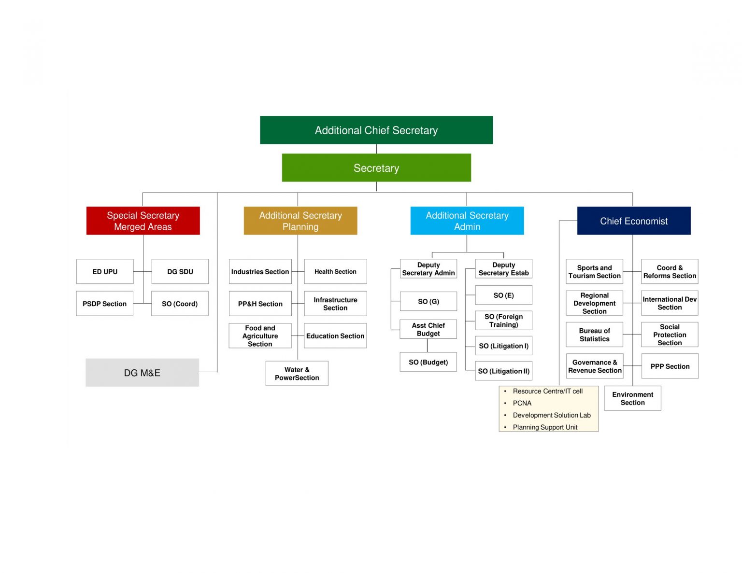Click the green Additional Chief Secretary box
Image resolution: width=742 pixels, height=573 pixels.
coord(376,130)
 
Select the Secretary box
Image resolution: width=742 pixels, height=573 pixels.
coord(376,168)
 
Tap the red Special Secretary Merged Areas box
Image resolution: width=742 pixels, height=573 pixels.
coord(143,221)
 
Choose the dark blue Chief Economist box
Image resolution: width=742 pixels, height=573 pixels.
coord(633,221)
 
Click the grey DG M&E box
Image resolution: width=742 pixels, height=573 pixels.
coord(142,372)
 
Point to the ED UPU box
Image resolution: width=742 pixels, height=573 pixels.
coord(105,271)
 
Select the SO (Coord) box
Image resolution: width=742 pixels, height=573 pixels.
coord(180,303)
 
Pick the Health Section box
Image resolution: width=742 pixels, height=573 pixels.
coord(335,271)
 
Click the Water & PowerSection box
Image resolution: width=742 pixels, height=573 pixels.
coord(297,373)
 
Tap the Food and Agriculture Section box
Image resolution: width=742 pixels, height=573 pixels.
coord(260,335)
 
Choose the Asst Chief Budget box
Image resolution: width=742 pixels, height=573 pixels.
coord(428,329)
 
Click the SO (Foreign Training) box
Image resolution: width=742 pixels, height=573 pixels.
coord(503,320)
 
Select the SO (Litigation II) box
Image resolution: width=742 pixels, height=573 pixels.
coord(503,371)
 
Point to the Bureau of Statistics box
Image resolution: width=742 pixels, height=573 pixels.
coord(594,335)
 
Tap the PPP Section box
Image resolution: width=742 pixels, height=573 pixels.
coord(670,366)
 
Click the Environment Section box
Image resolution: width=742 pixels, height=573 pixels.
coord(632,398)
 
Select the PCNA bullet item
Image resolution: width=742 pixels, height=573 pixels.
coord(522,403)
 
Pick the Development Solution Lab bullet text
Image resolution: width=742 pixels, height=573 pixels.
coord(552,415)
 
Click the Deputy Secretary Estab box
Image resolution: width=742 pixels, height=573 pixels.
coord(503,269)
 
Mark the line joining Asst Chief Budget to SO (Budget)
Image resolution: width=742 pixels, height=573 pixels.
coord(427,346)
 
